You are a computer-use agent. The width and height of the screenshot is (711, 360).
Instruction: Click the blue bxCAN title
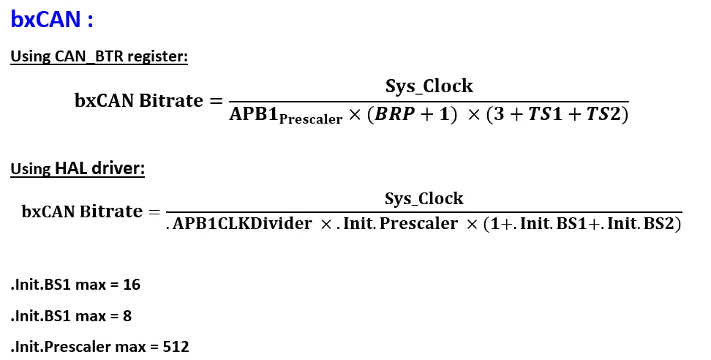[x=46, y=20]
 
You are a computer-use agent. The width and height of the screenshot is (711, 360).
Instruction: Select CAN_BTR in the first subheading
[x=89, y=56]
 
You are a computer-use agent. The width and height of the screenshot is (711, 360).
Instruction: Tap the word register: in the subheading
[x=157, y=56]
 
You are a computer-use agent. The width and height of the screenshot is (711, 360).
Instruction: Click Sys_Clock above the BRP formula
[x=429, y=86]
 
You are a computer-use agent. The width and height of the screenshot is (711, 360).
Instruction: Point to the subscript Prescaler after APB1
[x=311, y=119]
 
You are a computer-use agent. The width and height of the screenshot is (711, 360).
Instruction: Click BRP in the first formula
[x=394, y=114]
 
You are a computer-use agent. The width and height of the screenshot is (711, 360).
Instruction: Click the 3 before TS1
[x=499, y=114]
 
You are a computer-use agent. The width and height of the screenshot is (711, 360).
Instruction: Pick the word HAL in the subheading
[x=71, y=168]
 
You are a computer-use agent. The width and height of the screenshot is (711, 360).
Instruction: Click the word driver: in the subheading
[x=118, y=168]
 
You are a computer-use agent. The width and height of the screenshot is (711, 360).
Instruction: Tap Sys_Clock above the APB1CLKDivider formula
[x=424, y=198]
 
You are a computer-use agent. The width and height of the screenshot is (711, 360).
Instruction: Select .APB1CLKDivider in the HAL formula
[x=239, y=223]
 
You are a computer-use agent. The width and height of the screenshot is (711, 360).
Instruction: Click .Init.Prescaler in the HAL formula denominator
[x=397, y=223]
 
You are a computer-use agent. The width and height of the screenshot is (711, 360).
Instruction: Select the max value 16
[x=132, y=285]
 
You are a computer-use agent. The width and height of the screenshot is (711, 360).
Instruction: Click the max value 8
[x=127, y=316]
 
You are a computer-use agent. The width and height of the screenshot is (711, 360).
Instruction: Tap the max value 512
[x=176, y=347]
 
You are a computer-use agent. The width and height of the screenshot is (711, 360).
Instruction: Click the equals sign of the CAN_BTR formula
[x=216, y=101]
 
